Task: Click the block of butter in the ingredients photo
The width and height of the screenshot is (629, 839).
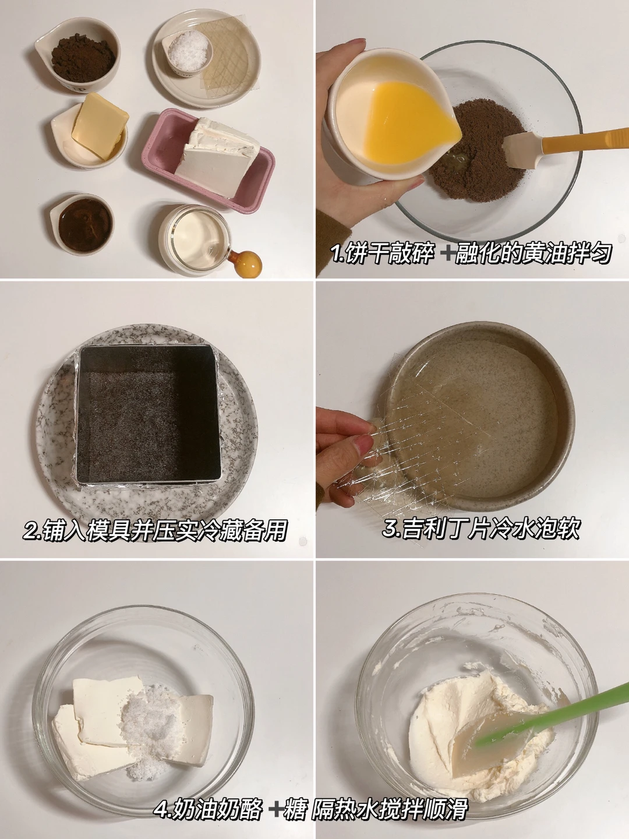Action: (x=100, y=126)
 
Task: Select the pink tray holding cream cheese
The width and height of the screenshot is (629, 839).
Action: (x=208, y=160)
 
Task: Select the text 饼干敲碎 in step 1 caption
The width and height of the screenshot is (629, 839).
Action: (x=390, y=253)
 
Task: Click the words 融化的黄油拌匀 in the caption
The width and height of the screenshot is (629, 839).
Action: (x=533, y=253)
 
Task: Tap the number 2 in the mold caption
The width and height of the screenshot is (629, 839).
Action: (x=31, y=530)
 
